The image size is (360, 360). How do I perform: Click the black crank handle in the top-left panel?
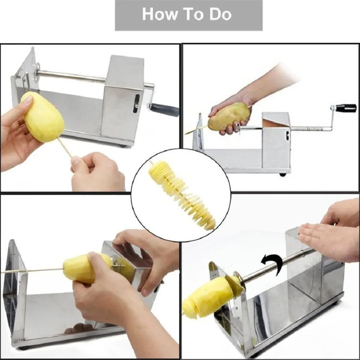pyautogui.click(x=164, y=109)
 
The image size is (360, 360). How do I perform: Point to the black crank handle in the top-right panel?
pyautogui.click(x=346, y=108)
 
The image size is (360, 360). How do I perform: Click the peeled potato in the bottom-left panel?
pyautogui.click(x=83, y=268)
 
